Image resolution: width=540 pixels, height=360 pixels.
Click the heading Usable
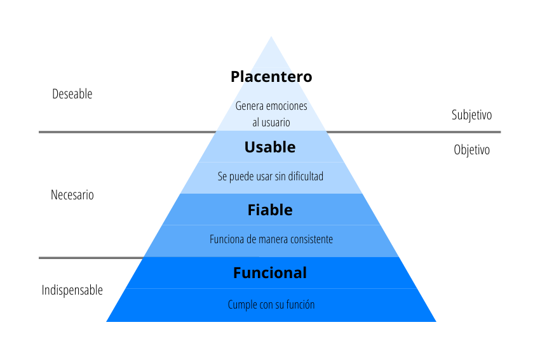pyautogui.click(x=270, y=147)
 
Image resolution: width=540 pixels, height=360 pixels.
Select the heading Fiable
pyautogui.click(x=270, y=210)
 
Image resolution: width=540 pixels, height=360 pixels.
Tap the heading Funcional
pyautogui.click(x=270, y=273)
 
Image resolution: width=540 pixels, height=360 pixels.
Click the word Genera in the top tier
pyautogui.click(x=249, y=106)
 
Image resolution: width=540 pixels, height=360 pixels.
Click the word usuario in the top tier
pyautogui.click(x=275, y=123)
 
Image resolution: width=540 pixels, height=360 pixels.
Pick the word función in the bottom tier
pyautogui.click(x=300, y=305)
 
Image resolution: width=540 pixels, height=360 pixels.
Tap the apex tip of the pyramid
pyautogui.click(x=272, y=37)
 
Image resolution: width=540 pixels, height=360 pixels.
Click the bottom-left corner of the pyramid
pyautogui.click(x=107, y=321)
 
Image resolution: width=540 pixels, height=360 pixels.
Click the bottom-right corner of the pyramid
pyautogui.click(x=435, y=321)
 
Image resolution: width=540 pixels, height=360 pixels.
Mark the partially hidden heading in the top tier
pyautogui.click(x=270, y=78)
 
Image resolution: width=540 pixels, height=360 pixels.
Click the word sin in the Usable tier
pyautogui.click(x=280, y=177)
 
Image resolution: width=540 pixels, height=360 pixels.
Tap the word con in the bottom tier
pyautogui.click(x=266, y=305)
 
